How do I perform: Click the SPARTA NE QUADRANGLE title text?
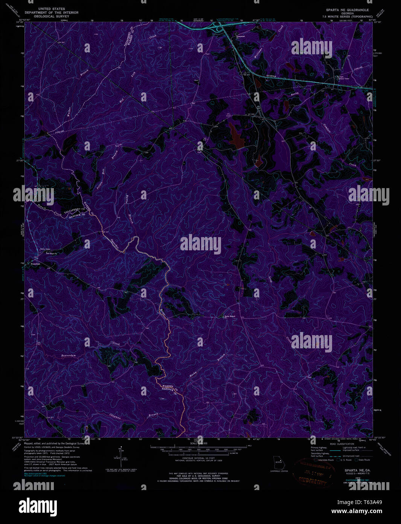point(347,10)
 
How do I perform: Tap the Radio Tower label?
point(45,249)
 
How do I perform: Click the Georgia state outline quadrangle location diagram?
point(278,463)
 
